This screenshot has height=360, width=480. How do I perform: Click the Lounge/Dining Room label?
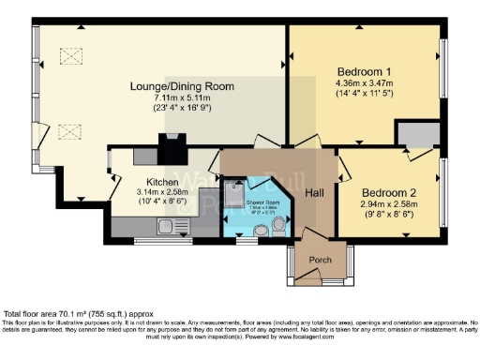pos(182,86)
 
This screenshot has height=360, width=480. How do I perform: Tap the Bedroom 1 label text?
pos(364,71)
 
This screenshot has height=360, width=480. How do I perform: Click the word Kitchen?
pos(162,182)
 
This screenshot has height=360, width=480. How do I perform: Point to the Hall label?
pos(314,192)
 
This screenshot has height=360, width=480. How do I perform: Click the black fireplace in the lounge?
pos(171,148)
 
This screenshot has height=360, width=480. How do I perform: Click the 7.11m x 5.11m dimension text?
pos(182,98)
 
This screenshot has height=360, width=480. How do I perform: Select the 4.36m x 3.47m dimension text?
pos(365,83)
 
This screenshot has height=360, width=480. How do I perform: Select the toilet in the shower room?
pos(279,225)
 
